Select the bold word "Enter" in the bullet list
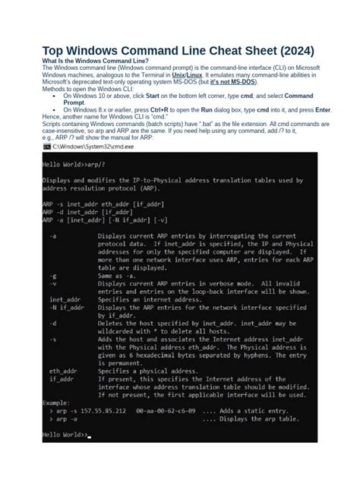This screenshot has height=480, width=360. (x=316, y=111)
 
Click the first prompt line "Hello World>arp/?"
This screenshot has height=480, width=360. (x=71, y=164)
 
